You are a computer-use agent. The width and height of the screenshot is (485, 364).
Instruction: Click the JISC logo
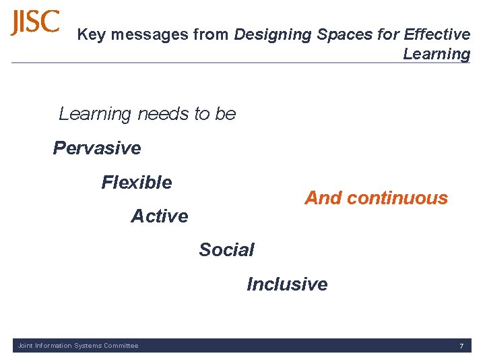click(x=35, y=23)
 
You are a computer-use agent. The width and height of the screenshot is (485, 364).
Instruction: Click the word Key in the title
click(x=91, y=34)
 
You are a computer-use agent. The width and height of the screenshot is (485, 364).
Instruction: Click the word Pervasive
click(x=97, y=148)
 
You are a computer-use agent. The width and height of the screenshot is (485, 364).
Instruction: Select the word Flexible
click(x=137, y=182)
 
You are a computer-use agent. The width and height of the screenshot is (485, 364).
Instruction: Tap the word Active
click(x=160, y=216)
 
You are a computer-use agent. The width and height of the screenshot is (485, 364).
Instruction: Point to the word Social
click(x=226, y=250)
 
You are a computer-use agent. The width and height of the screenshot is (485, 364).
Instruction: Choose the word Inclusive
click(x=287, y=284)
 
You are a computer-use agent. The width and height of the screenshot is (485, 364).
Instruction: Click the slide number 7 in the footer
click(x=461, y=346)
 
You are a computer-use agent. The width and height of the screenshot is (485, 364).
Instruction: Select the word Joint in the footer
click(x=25, y=346)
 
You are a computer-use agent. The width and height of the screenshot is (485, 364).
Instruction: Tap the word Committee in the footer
click(x=121, y=346)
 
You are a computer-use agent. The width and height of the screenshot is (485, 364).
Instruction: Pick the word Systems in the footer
click(x=87, y=346)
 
